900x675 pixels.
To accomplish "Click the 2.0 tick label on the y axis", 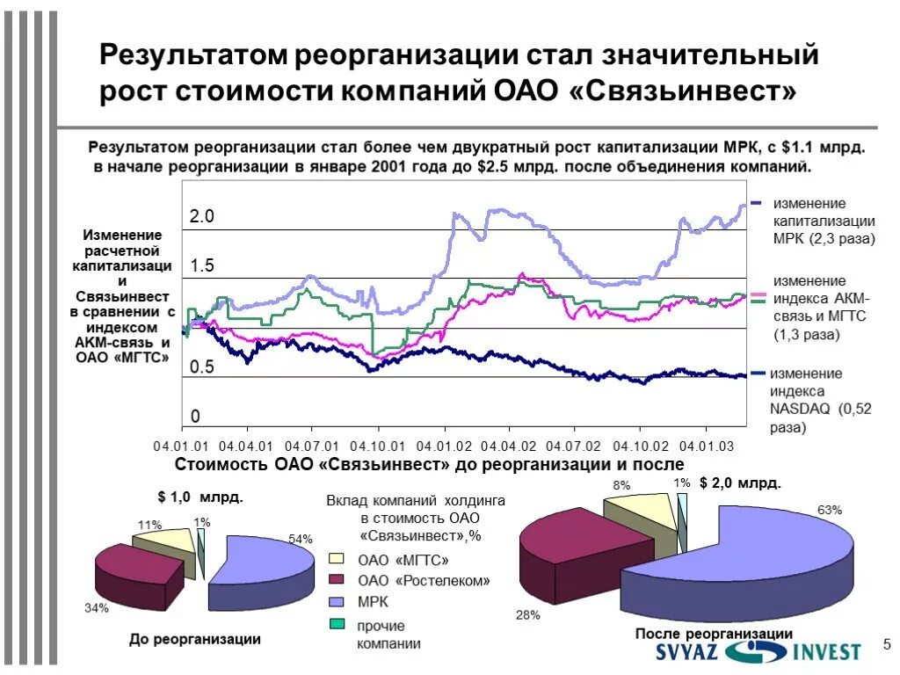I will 202,217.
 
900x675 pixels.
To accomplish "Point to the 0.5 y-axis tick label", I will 202,367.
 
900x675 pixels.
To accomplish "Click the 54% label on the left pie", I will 301,539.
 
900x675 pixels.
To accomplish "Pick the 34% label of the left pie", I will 97,607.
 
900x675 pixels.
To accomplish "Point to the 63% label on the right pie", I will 830,510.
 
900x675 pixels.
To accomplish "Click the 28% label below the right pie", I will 527,615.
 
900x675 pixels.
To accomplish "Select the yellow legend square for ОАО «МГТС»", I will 337,558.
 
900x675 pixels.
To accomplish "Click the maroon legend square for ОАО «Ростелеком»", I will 337,580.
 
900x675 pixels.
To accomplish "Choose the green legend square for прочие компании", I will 337,625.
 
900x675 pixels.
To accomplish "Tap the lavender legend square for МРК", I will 337,602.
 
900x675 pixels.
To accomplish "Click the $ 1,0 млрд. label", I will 200,497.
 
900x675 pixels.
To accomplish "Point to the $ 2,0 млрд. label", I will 740,483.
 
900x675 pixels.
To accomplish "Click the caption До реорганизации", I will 195,639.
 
